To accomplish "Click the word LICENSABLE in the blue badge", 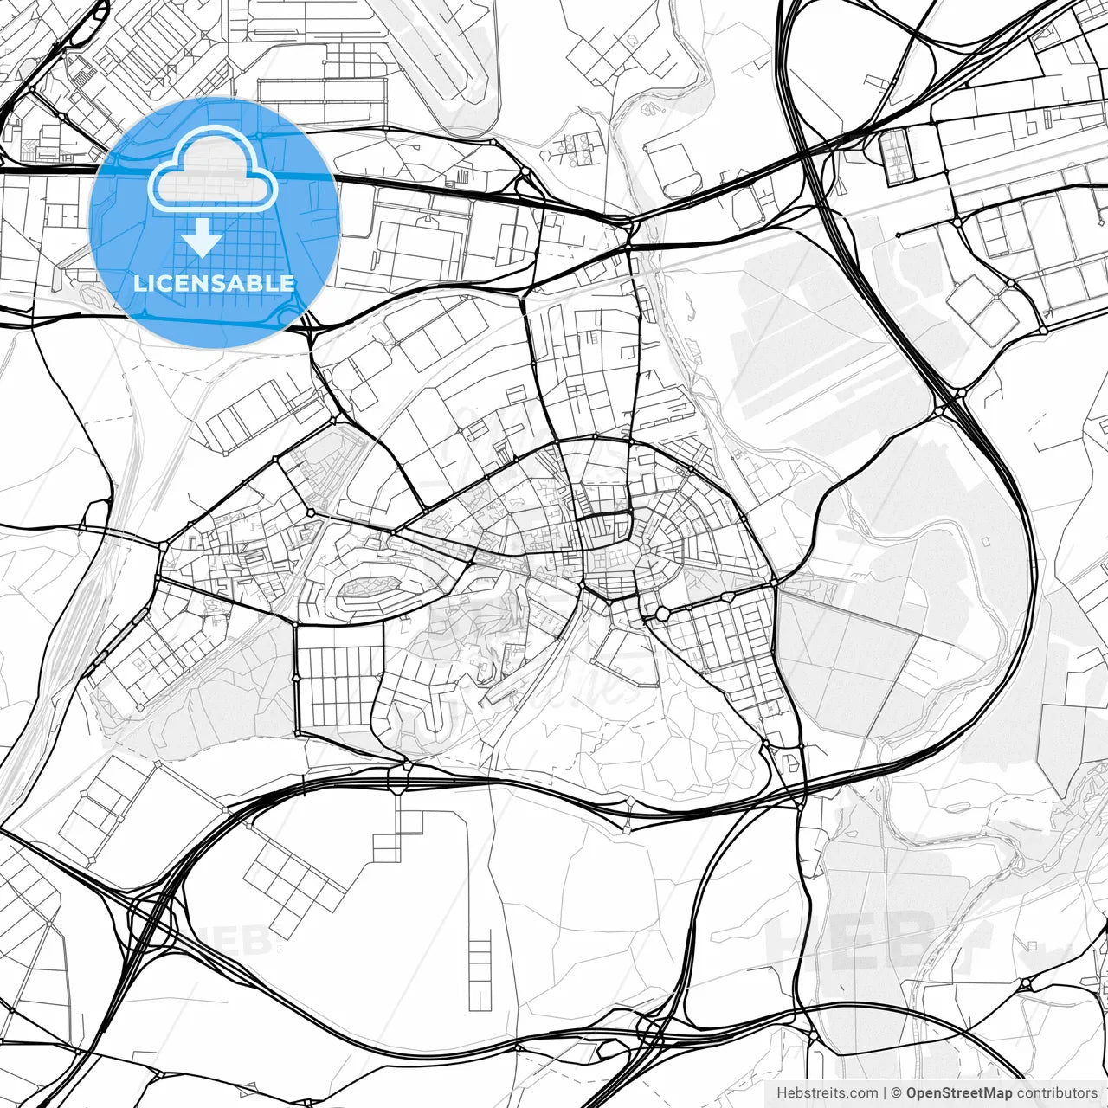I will [x=214, y=283].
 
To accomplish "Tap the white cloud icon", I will [x=213, y=170].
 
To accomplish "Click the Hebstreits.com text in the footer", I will [x=827, y=1093].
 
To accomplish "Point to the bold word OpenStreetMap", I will [x=959, y=1093].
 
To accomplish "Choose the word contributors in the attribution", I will [x=1057, y=1093].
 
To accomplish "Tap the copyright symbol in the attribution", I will [x=897, y=1093].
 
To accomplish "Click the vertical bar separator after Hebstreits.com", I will [x=884, y=1093].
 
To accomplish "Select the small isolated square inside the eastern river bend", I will [x=985, y=541].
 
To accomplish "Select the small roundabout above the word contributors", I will [x=1025, y=984].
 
